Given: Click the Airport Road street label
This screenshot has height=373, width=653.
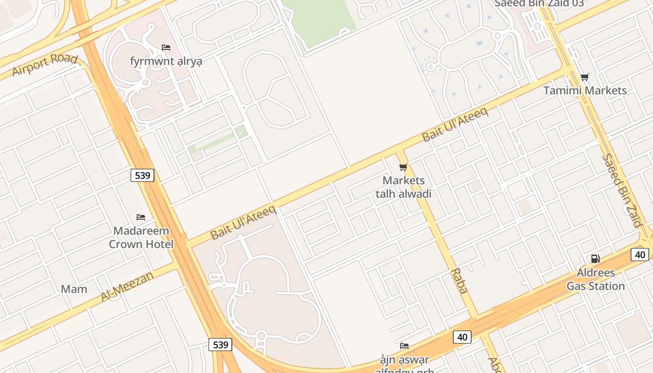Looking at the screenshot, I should [x=45, y=65].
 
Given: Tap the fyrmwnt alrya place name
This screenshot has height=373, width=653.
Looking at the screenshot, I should [x=166, y=62].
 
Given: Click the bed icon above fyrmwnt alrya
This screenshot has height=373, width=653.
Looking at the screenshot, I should [x=166, y=48].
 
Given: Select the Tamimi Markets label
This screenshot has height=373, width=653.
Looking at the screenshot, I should [x=585, y=90].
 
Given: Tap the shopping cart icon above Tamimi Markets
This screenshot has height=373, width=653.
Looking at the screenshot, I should [x=585, y=77].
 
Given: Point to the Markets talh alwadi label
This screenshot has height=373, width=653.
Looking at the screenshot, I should [x=403, y=187].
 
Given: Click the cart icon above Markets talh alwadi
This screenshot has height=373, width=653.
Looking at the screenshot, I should [x=403, y=167].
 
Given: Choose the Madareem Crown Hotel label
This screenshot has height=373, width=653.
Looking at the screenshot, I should [x=141, y=237].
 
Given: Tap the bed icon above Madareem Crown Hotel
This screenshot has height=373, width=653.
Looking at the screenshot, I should [x=141, y=217].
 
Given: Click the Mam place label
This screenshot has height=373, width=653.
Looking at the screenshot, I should [x=74, y=289].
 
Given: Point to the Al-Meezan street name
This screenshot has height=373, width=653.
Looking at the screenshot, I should [x=127, y=286].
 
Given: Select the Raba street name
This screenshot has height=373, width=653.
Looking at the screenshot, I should [x=459, y=281].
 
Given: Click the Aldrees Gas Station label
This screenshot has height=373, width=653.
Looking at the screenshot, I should [x=596, y=279].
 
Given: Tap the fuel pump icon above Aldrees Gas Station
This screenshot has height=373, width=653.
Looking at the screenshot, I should [x=596, y=259].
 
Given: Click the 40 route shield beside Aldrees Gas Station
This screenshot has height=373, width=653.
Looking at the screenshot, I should [x=640, y=255].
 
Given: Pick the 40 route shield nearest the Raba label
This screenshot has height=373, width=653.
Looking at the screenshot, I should [x=462, y=337].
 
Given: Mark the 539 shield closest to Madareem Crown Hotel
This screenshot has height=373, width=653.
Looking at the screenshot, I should [x=142, y=175].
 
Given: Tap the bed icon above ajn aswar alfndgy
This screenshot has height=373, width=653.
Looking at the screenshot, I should [x=404, y=345].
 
